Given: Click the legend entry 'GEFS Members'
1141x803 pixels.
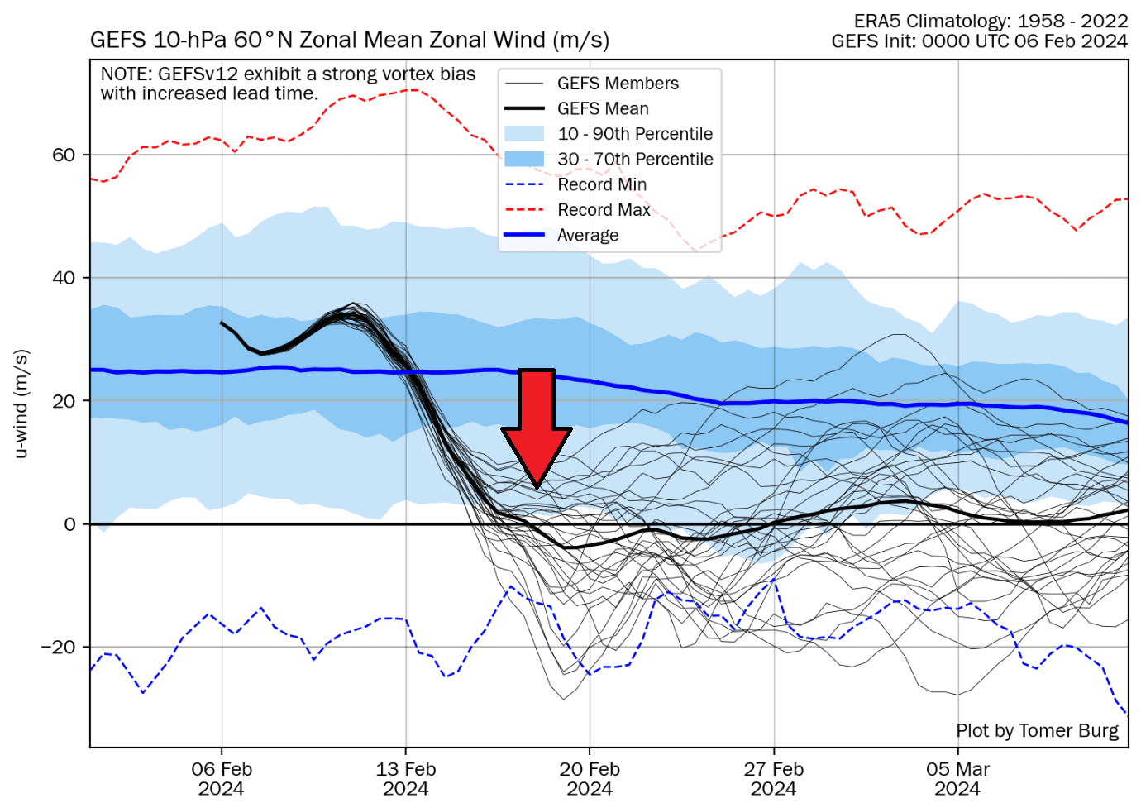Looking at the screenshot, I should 617,84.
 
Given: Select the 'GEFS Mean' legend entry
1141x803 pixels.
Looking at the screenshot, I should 603,109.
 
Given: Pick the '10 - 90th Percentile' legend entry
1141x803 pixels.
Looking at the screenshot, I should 634,134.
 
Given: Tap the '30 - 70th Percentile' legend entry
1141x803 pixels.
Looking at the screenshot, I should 634,160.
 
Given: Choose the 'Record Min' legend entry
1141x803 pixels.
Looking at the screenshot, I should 601,184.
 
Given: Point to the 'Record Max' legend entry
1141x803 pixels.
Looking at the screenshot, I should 604,210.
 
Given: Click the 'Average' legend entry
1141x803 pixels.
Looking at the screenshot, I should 587,236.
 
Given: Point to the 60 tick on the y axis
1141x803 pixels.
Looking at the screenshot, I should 64,155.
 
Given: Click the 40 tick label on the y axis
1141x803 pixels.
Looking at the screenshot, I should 64,278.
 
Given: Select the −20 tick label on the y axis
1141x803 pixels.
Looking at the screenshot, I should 58,648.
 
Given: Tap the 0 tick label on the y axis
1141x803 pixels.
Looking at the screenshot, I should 69,524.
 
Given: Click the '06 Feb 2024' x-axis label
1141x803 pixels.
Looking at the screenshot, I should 222,778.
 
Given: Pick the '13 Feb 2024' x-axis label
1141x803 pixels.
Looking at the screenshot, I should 406,778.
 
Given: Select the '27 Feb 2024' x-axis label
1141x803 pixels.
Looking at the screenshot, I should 774,778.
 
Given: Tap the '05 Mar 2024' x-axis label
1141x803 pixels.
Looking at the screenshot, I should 957,778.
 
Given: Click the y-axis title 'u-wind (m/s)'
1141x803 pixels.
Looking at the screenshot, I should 22,404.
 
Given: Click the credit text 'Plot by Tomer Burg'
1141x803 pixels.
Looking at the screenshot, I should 1037,731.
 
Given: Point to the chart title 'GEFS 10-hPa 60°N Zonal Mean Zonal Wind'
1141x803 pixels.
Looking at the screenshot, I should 349,40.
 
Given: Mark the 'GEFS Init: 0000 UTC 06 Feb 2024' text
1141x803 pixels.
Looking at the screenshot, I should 979,41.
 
